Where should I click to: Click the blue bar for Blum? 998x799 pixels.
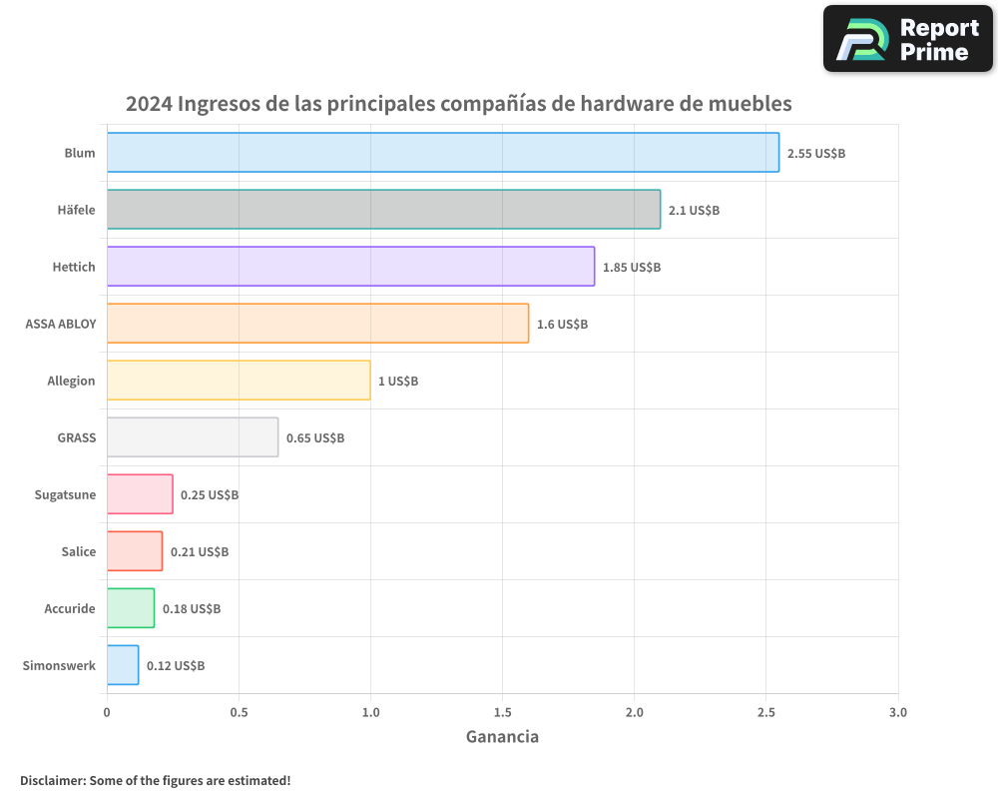click(x=443, y=152)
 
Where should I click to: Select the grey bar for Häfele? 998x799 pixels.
click(x=383, y=209)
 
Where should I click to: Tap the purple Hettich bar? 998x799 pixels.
click(x=350, y=266)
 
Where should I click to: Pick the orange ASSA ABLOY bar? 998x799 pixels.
click(x=317, y=323)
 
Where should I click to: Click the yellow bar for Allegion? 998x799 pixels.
click(x=239, y=380)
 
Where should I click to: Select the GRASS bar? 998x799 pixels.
click(x=193, y=436)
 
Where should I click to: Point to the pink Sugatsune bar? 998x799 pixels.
click(x=140, y=493)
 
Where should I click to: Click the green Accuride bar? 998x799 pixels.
click(x=131, y=607)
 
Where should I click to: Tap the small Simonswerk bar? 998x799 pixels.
click(x=123, y=664)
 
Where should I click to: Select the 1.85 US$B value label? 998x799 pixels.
click(x=631, y=268)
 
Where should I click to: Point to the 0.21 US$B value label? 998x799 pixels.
click(x=199, y=552)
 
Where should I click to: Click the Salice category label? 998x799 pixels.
click(x=78, y=551)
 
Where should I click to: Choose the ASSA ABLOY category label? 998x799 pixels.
click(x=60, y=324)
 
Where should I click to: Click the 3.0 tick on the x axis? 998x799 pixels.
click(x=897, y=713)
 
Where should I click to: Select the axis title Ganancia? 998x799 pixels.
click(x=502, y=737)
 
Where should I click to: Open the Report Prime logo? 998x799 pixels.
click(x=907, y=39)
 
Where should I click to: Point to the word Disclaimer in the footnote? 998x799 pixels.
click(x=52, y=780)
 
